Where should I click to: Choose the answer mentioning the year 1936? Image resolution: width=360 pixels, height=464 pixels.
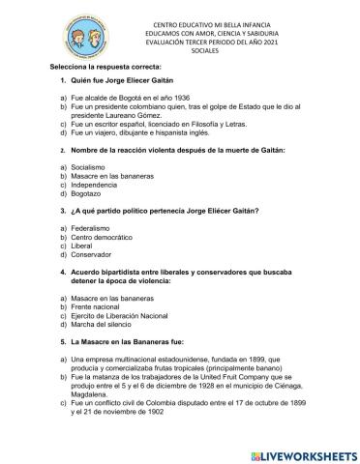tap(121, 99)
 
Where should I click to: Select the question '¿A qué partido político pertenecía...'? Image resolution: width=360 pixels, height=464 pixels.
tap(165, 212)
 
